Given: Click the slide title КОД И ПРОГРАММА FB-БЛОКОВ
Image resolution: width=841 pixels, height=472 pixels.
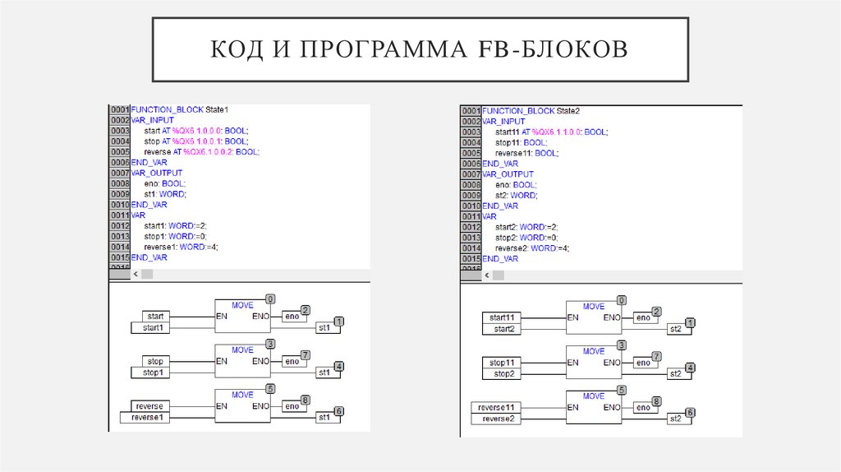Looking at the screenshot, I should [420, 49].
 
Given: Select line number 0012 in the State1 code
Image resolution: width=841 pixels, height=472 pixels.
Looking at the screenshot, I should [120, 225].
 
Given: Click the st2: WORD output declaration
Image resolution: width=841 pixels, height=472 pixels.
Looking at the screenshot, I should [517, 196].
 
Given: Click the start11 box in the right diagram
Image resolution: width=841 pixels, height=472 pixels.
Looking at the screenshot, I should [502, 317].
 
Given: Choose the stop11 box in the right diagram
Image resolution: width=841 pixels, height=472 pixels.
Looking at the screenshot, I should [502, 362].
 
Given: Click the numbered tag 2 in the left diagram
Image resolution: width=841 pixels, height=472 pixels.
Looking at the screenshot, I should [305, 310].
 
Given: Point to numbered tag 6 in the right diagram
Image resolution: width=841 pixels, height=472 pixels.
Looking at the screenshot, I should [690, 412].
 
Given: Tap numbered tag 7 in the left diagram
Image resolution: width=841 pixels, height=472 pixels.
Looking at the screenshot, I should [305, 354].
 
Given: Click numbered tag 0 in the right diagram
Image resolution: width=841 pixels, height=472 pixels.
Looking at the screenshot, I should [622, 300].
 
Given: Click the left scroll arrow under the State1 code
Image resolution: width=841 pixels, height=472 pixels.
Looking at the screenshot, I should [113, 274].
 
